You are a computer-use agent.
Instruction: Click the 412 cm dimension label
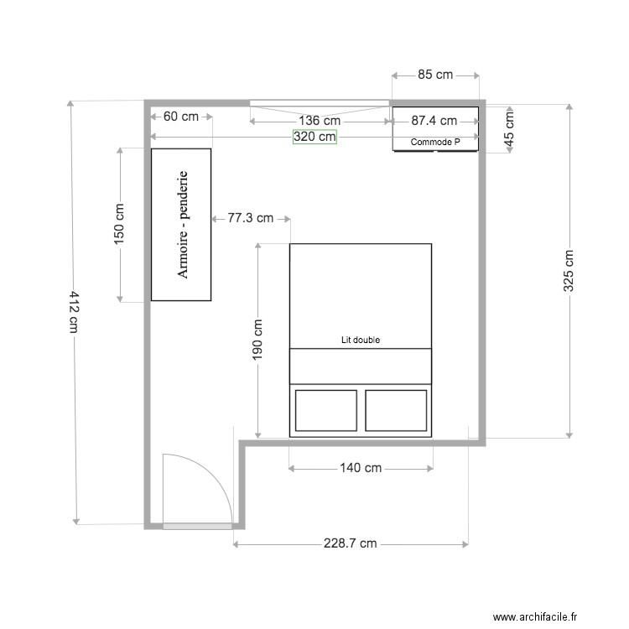(x=74, y=312)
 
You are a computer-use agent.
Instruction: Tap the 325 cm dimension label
(x=569, y=271)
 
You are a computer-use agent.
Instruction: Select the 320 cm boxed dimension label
(x=314, y=137)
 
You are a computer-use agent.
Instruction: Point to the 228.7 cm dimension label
(x=350, y=544)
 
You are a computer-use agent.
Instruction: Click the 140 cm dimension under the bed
(x=361, y=468)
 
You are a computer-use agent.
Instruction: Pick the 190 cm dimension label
(x=257, y=340)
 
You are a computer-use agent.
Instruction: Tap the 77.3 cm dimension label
(x=251, y=218)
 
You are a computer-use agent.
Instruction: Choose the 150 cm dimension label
(x=119, y=224)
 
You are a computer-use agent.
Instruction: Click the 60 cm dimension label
(x=180, y=117)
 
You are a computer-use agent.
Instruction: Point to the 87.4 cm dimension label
(x=434, y=121)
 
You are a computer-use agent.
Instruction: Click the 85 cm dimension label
(x=434, y=75)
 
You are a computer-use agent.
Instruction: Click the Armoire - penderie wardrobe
(x=180, y=224)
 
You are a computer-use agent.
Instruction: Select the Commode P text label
(x=435, y=143)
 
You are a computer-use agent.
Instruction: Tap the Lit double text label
(x=361, y=340)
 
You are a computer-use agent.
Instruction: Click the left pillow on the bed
(x=325, y=410)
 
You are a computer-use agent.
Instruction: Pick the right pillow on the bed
(x=396, y=410)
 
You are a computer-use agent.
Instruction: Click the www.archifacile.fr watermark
(x=535, y=617)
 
